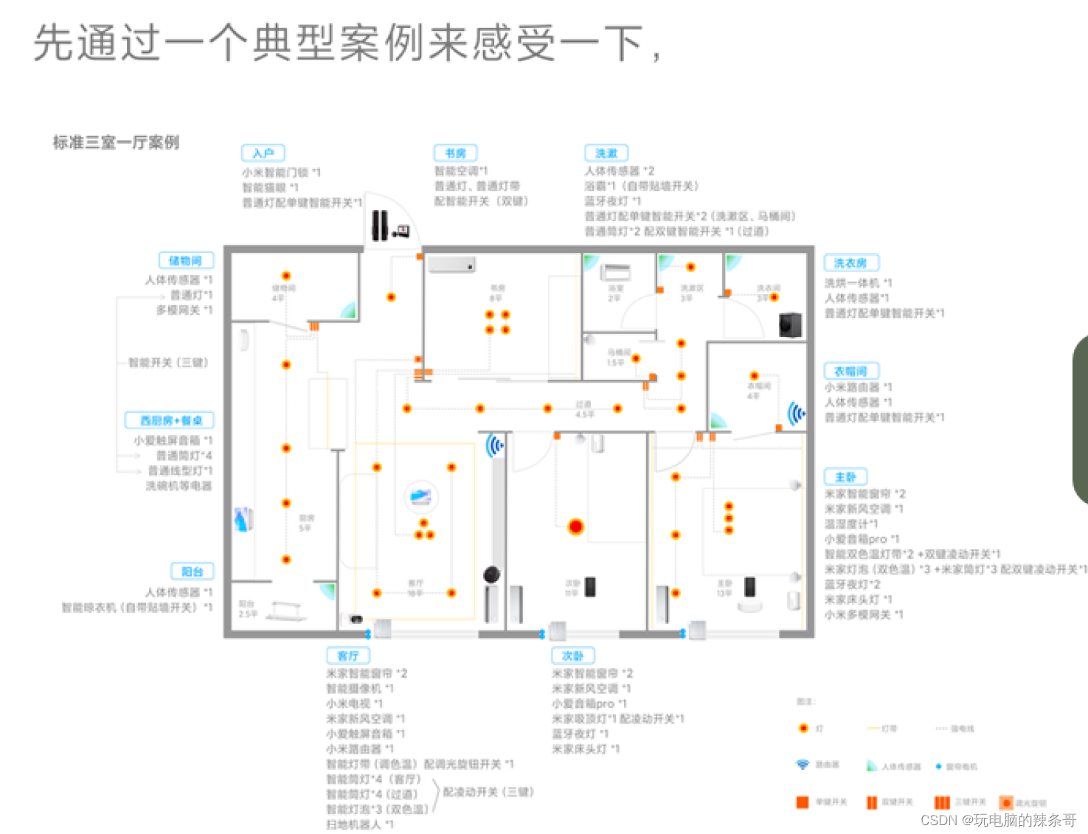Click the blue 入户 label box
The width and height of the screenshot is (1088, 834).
263,153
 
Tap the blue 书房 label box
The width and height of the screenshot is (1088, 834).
455,153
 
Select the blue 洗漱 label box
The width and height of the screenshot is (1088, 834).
606,153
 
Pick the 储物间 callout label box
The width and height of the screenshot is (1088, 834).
186,260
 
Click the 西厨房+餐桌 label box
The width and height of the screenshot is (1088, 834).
170,420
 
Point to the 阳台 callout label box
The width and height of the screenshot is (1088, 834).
193,571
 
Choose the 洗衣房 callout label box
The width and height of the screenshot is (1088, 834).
850,263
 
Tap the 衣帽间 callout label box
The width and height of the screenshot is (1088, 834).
850,371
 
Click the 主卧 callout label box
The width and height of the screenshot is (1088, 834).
845,477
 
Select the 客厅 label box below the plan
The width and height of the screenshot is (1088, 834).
348,656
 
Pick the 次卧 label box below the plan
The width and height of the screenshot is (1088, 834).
573,656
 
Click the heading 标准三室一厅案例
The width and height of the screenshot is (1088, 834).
116,142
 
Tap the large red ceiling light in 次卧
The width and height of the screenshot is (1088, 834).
576,527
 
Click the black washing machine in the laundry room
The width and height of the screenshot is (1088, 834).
791,324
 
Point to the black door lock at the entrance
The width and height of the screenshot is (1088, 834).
380,226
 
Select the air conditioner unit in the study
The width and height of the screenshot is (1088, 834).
451,264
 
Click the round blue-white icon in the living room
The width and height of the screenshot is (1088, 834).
421,496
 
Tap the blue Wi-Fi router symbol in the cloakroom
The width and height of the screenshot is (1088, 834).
795,414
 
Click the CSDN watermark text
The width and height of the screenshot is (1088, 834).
998,820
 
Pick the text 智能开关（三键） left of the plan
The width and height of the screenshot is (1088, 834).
168,363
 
